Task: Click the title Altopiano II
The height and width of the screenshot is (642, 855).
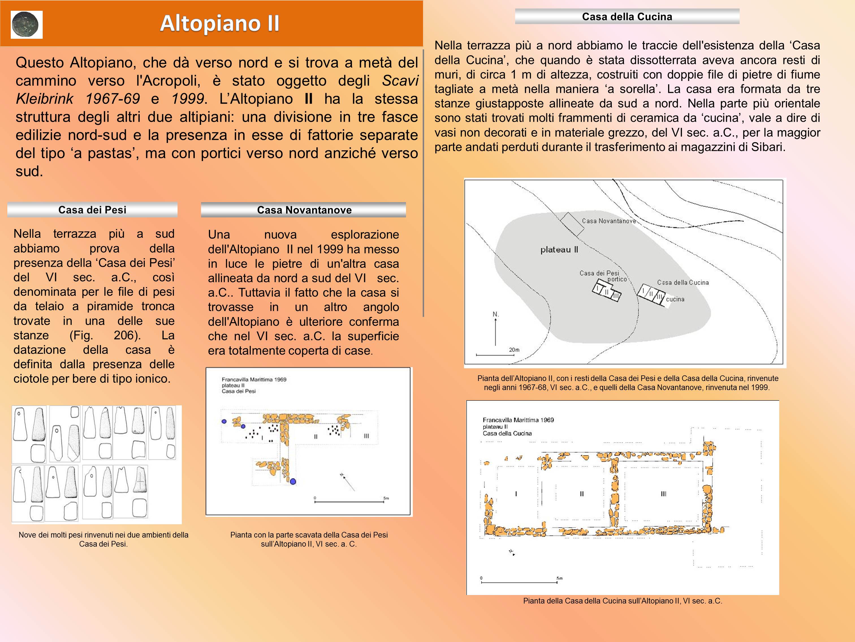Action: tap(220, 23)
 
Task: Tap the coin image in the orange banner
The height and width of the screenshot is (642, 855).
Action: tap(26, 25)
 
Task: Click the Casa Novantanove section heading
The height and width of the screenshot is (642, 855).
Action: tap(304, 210)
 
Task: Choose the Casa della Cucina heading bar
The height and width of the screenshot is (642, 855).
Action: tap(627, 17)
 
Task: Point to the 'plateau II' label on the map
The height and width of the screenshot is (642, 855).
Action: tap(559, 250)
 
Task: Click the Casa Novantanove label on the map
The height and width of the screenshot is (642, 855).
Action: tap(608, 221)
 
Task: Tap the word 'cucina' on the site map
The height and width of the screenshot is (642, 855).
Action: tap(675, 299)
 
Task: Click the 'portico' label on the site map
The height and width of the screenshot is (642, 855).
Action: tap(617, 279)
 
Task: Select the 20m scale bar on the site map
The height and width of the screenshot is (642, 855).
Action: tap(495, 354)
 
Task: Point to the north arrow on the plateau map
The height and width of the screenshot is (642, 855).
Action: tap(496, 329)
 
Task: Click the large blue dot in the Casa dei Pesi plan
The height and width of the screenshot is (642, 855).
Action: tap(293, 481)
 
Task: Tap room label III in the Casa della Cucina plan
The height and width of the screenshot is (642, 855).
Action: tap(663, 494)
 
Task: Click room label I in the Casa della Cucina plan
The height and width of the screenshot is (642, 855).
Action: tap(516, 494)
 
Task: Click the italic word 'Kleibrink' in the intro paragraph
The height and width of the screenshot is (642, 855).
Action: tap(44, 99)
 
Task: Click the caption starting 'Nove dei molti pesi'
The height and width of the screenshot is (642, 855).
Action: tap(103, 539)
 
